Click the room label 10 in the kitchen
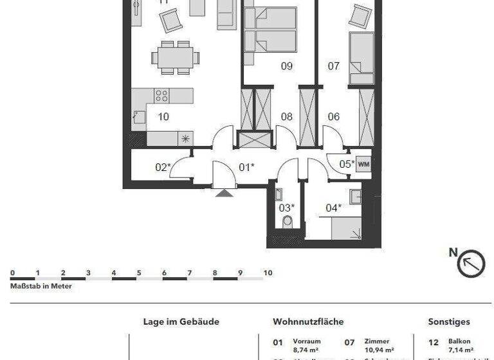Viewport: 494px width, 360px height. tap(163, 117)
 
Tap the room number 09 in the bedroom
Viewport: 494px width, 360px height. tap(287, 66)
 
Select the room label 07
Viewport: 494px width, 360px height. tap(333, 66)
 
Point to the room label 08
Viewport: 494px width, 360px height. tap(287, 117)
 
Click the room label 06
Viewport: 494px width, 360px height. tap(333, 117)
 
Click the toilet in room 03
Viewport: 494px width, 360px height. tap(287, 222)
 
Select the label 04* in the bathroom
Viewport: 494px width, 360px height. tap(333, 208)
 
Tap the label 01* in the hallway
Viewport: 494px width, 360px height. tap(246, 167)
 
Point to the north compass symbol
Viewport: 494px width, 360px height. tap(470, 263)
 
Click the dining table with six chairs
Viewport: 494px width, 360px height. tap(174, 57)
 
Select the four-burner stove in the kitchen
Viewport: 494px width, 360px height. tap(161, 96)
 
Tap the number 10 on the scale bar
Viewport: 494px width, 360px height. tap(268, 273)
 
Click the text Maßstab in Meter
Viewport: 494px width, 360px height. tap(41, 286)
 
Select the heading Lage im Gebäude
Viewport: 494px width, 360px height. tap(181, 321)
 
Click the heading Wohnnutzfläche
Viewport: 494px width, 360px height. tap(308, 321)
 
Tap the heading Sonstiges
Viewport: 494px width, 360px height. tap(449, 321)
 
